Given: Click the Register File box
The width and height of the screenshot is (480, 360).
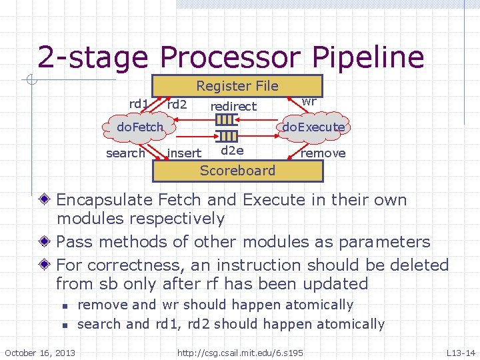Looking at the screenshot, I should [237, 86].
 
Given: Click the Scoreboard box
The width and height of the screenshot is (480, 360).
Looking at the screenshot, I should [237, 171].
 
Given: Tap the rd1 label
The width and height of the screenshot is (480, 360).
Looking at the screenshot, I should [139, 103].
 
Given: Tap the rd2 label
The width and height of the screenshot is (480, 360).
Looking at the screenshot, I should [177, 104].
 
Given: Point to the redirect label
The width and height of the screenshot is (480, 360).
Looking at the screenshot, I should [233, 107].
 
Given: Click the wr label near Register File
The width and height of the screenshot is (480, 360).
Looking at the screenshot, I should [309, 101].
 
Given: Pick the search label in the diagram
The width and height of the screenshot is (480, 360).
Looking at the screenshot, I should [125, 153].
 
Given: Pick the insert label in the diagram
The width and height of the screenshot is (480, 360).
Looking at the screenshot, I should [184, 153].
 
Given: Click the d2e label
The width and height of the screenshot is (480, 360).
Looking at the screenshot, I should [231, 151].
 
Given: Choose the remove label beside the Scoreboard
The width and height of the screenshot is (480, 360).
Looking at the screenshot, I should [323, 153].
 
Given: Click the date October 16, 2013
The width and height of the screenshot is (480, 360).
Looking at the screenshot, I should [40, 352].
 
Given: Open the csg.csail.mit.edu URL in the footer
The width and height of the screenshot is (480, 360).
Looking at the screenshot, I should [240, 352].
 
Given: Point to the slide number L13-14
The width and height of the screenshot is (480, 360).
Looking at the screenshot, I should [461, 352].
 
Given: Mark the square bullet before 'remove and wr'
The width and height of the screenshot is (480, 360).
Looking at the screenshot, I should [63, 306].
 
